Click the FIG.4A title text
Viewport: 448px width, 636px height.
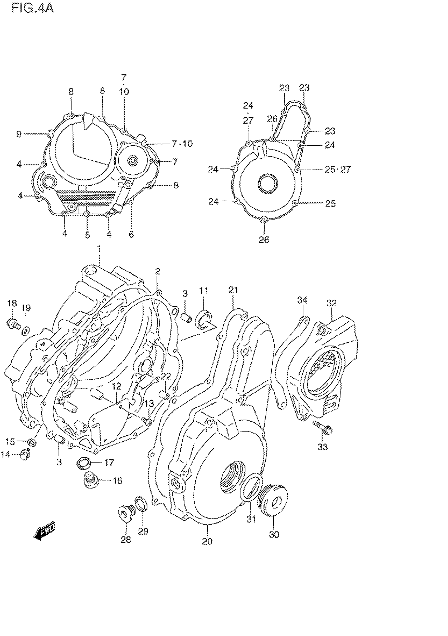pos(32,9)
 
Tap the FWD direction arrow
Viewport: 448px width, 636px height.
pos(44,530)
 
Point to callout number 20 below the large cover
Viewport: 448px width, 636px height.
pos(207,541)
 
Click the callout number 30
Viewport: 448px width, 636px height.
pos(274,534)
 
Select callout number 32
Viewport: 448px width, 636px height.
pos(332,303)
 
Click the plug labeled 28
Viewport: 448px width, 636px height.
pos(126,513)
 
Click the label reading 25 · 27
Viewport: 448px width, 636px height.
pos(338,169)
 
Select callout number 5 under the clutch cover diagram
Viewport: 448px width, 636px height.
pos(87,235)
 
